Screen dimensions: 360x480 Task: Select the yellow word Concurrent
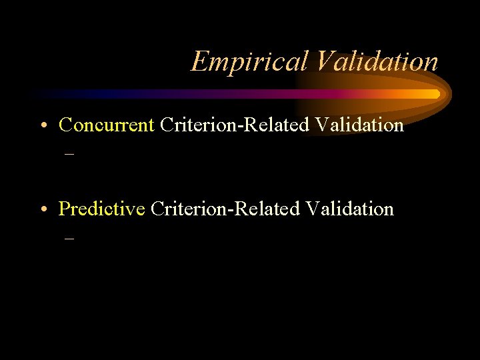point(107,125)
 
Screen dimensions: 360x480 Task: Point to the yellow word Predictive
point(101,209)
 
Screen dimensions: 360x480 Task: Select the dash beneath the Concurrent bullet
point(68,153)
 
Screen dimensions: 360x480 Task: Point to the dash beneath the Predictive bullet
point(68,237)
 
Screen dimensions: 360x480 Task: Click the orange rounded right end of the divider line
point(437,94)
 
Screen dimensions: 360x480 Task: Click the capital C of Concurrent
point(65,125)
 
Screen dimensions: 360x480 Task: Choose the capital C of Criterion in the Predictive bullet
point(157,209)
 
